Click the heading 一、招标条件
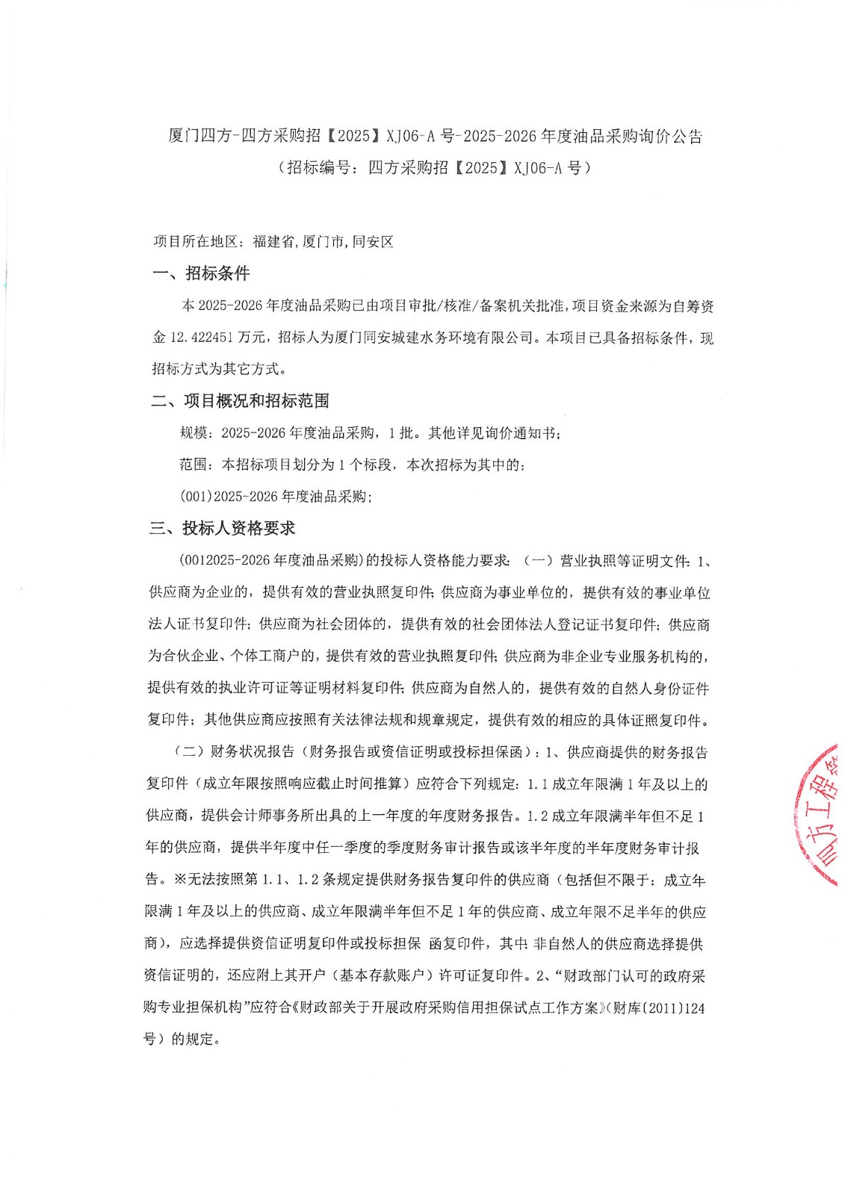pos(201,273)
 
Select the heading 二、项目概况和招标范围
pos(240,401)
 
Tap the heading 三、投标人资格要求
pos(222,528)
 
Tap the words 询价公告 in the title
pos(671,136)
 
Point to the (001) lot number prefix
pos(196,496)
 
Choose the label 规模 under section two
pos(194,433)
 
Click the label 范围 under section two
pos(194,465)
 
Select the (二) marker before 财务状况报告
pos(189,752)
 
